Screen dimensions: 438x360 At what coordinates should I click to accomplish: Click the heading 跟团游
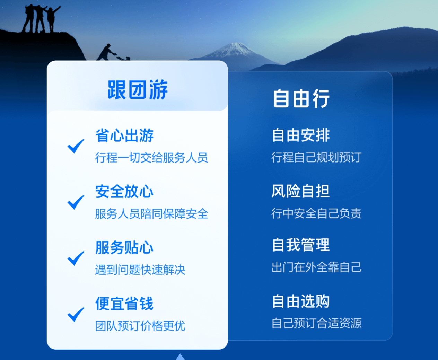coord(138,90)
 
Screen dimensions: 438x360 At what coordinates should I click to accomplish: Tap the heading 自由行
coord(301,98)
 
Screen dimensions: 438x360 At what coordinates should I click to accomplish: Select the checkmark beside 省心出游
coord(76,146)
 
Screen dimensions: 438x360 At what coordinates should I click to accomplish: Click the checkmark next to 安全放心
coord(76,202)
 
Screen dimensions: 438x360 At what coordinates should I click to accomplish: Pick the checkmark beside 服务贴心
coord(76,258)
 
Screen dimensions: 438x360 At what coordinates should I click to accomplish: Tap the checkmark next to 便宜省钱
coord(76,314)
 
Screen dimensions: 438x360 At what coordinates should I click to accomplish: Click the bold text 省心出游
coord(124,135)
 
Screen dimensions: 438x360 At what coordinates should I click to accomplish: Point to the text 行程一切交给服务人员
coord(151,158)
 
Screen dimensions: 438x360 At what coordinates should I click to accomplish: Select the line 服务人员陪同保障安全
coord(151,214)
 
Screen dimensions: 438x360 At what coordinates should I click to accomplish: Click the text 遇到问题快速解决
coord(140,270)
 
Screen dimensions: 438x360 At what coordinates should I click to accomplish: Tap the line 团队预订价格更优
coord(140,326)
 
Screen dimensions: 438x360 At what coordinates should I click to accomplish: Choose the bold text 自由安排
coord(301,135)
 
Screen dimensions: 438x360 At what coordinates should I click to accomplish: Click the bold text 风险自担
coord(300,191)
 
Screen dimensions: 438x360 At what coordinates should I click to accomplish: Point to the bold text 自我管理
coord(301,245)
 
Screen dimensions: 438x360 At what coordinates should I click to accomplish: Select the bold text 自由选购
coord(301,301)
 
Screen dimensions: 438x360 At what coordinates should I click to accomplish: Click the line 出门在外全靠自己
coord(316,267)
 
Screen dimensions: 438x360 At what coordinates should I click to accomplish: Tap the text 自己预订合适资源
coord(316,323)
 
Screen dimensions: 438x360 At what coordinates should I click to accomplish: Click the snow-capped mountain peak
coord(236,50)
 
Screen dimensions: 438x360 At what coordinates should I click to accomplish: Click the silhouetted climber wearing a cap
coord(106,52)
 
